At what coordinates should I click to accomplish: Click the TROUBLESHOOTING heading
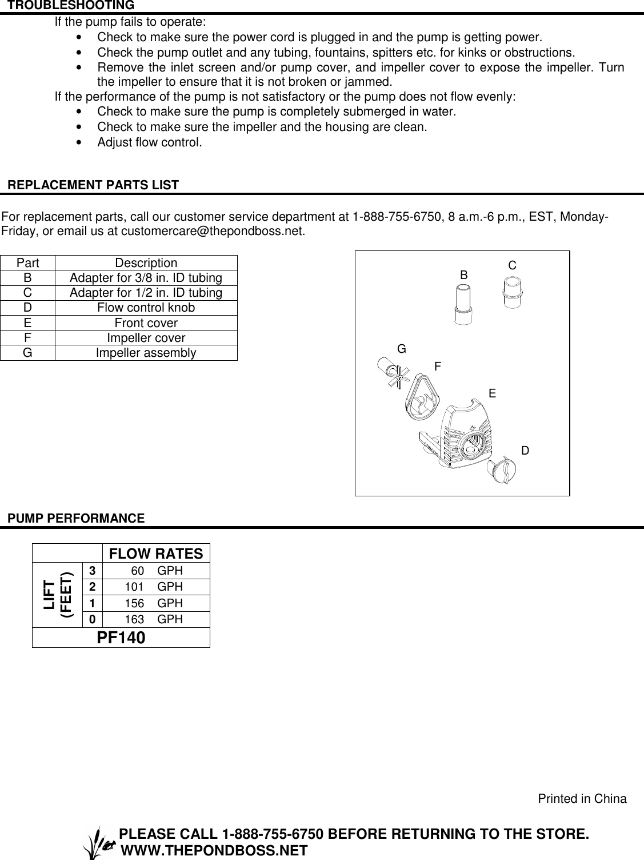pos(71,6)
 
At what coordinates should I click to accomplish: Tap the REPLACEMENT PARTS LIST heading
pos(93,185)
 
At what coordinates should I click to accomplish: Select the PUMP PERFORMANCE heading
pos(76,519)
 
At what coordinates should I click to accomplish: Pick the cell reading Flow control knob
pos(146,308)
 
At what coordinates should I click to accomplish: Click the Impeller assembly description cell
pos(146,353)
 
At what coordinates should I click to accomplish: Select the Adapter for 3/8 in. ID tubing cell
pos(146,278)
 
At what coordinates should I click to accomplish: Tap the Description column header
pos(146,263)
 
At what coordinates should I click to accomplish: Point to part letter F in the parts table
pos(27,338)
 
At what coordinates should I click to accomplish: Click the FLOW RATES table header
pos(156,554)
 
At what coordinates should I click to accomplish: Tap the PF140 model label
pos(121,638)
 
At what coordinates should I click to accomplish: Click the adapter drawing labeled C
pos(513,292)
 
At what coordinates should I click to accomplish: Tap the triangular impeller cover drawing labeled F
pos(421,395)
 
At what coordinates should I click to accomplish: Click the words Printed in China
pos(582,799)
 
